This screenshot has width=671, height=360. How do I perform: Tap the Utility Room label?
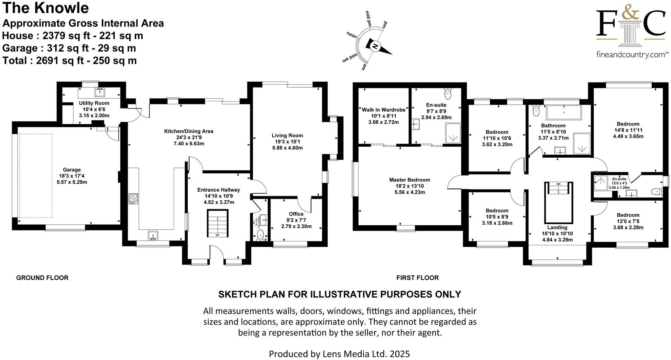[x=94, y=103]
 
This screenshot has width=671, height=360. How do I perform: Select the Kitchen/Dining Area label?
[x=189, y=131]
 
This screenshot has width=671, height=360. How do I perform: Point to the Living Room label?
[x=287, y=135]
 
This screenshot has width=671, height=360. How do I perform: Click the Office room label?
[x=296, y=214]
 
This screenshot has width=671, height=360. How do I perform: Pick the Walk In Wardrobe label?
[x=383, y=110]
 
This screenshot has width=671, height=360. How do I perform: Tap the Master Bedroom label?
[x=409, y=180]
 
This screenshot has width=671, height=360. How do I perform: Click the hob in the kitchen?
[x=133, y=199]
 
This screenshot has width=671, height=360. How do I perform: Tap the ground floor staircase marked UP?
[x=217, y=223]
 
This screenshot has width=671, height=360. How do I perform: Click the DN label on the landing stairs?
[x=558, y=184]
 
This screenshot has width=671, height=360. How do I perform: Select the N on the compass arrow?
[x=375, y=47]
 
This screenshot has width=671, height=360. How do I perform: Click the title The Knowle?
[x=46, y=8]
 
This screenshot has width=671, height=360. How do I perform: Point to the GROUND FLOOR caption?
[x=42, y=278]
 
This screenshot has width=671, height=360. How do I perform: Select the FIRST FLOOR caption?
[x=417, y=278]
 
